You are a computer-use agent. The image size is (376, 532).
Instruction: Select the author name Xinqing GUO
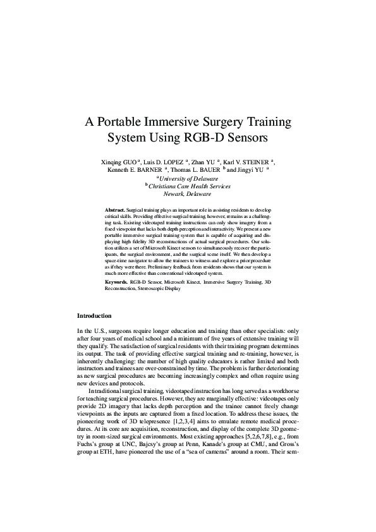(x=121, y=162)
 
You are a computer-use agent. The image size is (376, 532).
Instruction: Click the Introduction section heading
(x=94, y=315)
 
